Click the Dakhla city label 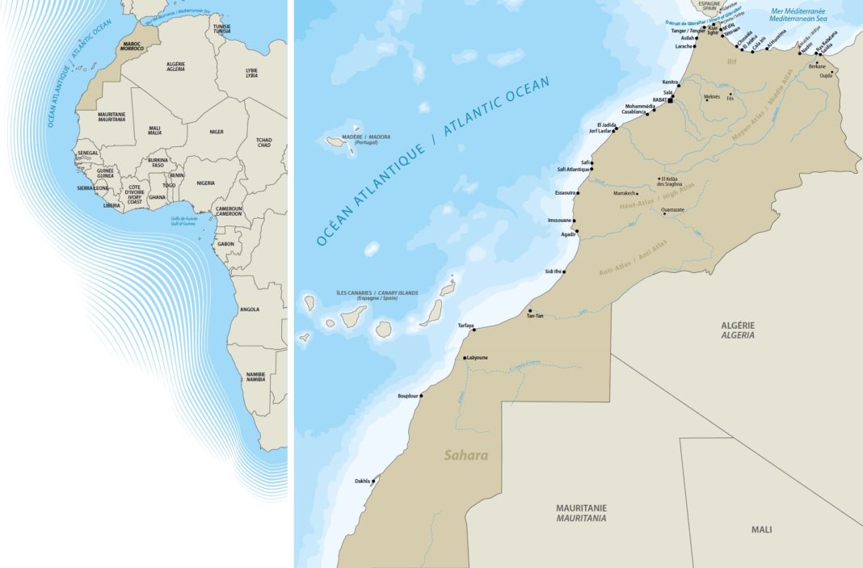(x=362, y=482)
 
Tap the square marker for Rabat (x=671, y=102)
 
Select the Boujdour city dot (x=421, y=396)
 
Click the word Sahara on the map (x=466, y=456)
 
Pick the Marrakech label (x=625, y=194)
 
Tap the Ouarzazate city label (x=672, y=209)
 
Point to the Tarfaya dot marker (x=474, y=330)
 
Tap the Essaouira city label (x=565, y=193)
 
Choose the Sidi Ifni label (x=553, y=271)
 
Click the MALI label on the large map (x=760, y=529)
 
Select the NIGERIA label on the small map (x=205, y=183)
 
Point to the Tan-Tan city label (x=534, y=316)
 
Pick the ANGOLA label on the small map (x=250, y=309)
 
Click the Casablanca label (x=634, y=112)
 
